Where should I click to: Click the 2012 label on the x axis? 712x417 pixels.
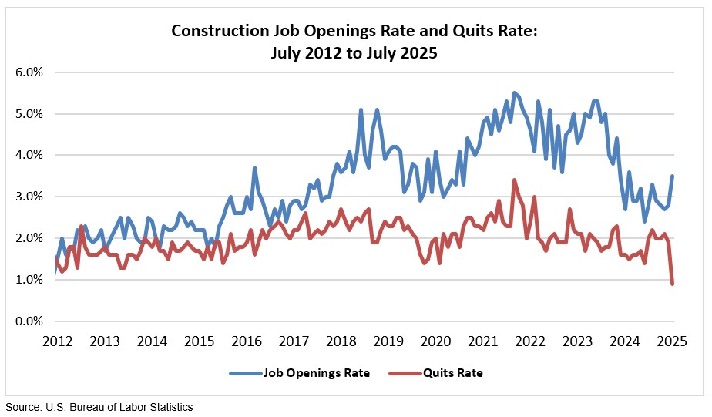pyautogui.click(x=58, y=341)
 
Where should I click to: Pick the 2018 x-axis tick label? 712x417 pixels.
pyautogui.click(x=341, y=341)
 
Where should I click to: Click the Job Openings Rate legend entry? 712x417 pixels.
pyautogui.click(x=316, y=373)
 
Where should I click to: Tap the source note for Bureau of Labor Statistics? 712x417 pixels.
pyautogui.click(x=99, y=407)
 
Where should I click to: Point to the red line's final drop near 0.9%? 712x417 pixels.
pyautogui.click(x=673, y=284)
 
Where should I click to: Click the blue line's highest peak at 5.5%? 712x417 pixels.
pyautogui.click(x=514, y=93)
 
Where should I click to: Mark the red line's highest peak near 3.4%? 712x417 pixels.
pyautogui.click(x=514, y=180)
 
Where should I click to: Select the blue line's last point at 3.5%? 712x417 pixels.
pyautogui.click(x=673, y=176)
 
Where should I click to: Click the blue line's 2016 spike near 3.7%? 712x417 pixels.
pyautogui.click(x=254, y=168)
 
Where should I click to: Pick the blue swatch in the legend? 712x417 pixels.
pyautogui.click(x=245, y=373)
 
